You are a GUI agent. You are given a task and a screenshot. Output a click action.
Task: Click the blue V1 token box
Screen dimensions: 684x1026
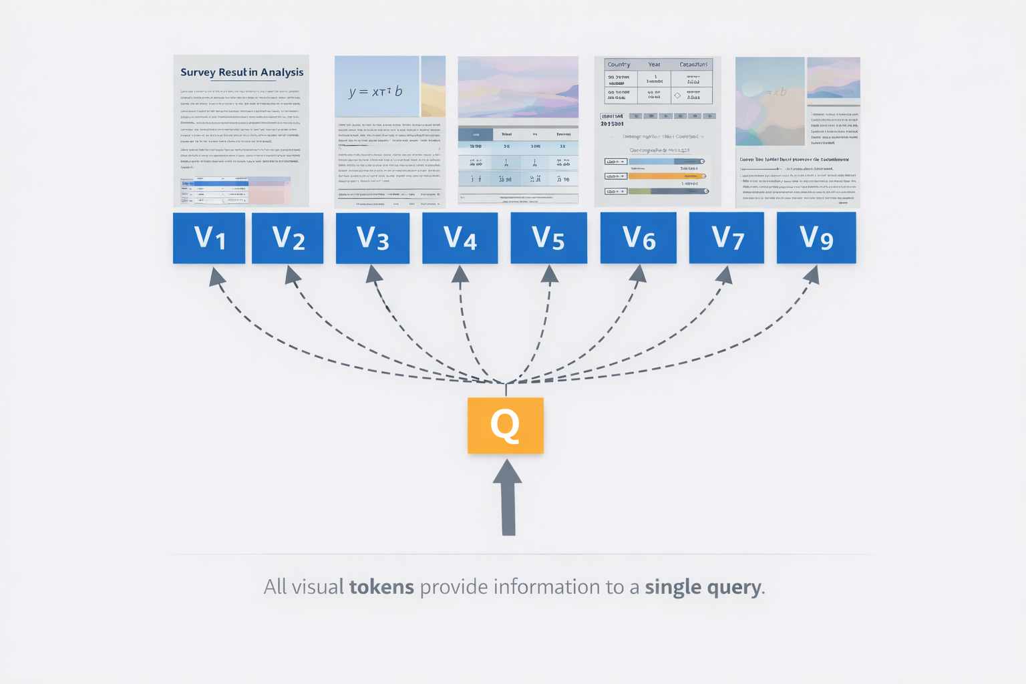pyautogui.click(x=209, y=238)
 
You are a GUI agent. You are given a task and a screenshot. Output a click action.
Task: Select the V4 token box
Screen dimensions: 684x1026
pyautogui.click(x=460, y=238)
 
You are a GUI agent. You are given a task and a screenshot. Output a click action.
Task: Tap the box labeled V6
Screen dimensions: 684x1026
pyautogui.click(x=638, y=238)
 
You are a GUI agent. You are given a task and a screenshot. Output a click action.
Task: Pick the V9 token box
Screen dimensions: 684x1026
pyautogui.click(x=816, y=238)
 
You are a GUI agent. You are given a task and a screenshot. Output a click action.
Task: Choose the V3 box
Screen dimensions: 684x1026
pyautogui.click(x=372, y=238)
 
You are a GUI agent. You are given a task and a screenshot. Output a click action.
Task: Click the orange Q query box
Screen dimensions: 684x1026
pyautogui.click(x=506, y=425)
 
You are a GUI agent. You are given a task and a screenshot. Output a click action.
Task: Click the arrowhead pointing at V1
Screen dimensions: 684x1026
pyautogui.click(x=215, y=276)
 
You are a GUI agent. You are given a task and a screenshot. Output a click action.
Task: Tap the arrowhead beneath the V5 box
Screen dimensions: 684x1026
pyautogui.click(x=550, y=274)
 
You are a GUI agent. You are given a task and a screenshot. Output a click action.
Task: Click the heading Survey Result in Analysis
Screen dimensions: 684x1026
pyautogui.click(x=242, y=72)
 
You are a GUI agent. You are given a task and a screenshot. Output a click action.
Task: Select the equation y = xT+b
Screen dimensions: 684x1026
pyautogui.click(x=375, y=92)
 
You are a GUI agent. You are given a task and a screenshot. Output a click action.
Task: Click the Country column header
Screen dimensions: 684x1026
pyautogui.click(x=619, y=65)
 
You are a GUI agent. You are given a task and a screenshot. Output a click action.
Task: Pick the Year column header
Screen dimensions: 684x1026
pyautogui.click(x=654, y=65)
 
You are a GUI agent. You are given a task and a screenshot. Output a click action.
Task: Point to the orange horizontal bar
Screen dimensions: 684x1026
pyautogui.click(x=665, y=176)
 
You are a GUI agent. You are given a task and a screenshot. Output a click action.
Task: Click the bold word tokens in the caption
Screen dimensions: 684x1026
pyautogui.click(x=381, y=587)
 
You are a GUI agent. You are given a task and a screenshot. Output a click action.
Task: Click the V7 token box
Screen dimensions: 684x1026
pyautogui.click(x=727, y=238)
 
